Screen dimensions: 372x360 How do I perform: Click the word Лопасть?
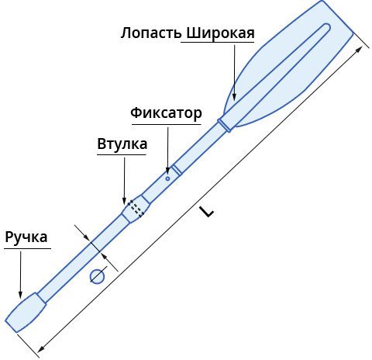(151, 33)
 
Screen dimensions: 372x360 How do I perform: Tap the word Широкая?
(220, 33)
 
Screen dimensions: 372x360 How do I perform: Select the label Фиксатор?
(166, 113)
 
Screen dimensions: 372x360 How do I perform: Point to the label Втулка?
(122, 144)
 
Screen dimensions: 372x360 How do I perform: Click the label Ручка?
(26, 237)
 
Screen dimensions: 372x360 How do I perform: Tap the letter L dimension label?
(208, 212)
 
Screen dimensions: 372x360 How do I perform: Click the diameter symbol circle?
(97, 276)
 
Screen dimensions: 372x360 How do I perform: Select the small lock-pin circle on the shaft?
(167, 178)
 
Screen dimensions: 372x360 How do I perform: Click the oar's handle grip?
(26, 312)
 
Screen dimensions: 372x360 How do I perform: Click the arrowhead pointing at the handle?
(20, 294)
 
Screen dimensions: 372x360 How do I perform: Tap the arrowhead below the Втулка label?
(124, 201)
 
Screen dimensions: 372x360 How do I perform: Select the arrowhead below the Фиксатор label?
(167, 170)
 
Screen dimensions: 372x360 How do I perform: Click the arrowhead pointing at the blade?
(234, 96)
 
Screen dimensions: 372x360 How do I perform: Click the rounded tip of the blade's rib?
(327, 27)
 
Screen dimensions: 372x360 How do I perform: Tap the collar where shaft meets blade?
(224, 126)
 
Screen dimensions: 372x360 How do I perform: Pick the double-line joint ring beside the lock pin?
(177, 170)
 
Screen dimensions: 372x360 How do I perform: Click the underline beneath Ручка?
(27, 249)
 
